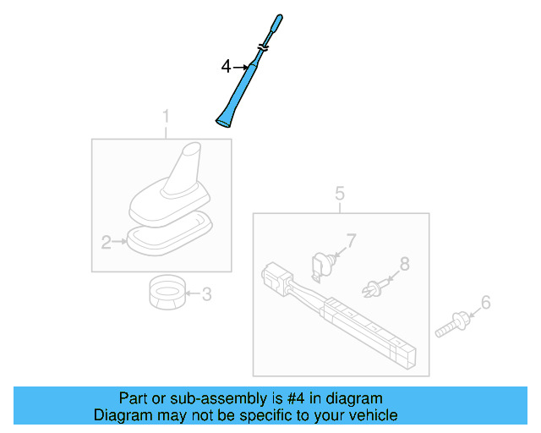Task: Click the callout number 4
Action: point(226,65)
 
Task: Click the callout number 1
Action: point(166,116)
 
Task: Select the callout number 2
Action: point(107,243)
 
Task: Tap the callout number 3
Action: point(207,294)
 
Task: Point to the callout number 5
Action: point(340,194)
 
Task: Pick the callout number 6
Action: point(485,302)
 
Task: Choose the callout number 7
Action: point(351,242)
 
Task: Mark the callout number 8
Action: point(404,264)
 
